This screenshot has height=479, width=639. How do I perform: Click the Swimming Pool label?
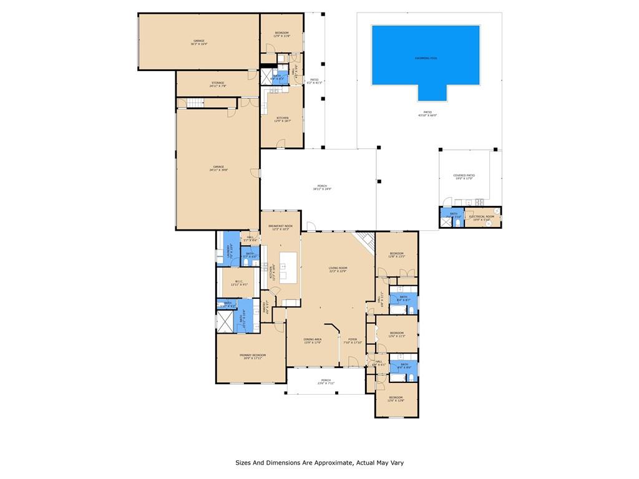click(x=426, y=58)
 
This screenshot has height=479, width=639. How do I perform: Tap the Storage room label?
click(x=218, y=84)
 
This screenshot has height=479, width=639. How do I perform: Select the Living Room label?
click(x=338, y=269)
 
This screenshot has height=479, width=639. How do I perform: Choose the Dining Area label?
click(x=312, y=341)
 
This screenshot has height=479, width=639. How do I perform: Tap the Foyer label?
click(x=353, y=341)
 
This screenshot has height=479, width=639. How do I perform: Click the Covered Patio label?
click(x=464, y=177)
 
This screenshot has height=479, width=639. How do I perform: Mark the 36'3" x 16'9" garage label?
click(x=198, y=42)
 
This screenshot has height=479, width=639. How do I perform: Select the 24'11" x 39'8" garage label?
click(x=218, y=168)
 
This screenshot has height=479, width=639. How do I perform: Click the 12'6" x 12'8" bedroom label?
click(x=396, y=399)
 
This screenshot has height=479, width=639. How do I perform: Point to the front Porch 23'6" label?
click(x=326, y=382)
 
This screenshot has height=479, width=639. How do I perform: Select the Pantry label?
click(x=265, y=307)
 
